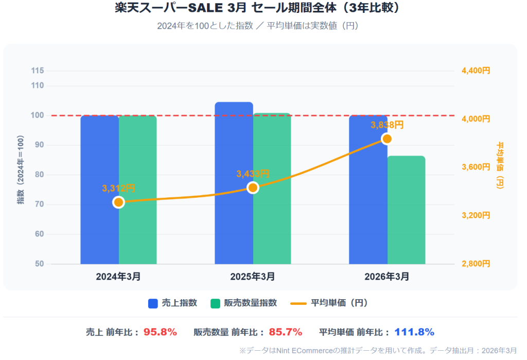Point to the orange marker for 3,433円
(x=253, y=187)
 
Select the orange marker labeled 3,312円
(x=118, y=202)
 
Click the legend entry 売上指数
(x=173, y=303)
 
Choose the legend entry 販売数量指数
(x=244, y=303)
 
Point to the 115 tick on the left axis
(x=37, y=71)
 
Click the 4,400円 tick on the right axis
(x=475, y=71)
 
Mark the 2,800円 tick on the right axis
(x=475, y=264)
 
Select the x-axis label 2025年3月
(x=253, y=277)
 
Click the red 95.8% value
(x=160, y=332)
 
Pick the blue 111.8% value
(x=414, y=332)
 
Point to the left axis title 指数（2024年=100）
(x=21, y=170)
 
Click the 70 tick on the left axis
(x=39, y=204)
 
